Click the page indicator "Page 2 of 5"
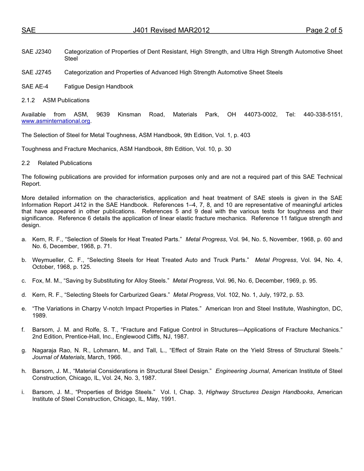click(x=324, y=30)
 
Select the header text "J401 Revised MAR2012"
click(x=171, y=30)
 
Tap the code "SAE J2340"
click(x=36, y=52)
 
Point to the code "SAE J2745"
click(x=36, y=72)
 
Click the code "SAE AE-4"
click(x=35, y=87)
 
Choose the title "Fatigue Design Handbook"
click(x=99, y=87)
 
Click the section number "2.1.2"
click(x=28, y=100)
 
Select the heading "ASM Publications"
click(x=66, y=100)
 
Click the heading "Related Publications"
click(x=65, y=163)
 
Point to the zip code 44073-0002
click(x=261, y=114)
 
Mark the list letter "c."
click(x=24, y=281)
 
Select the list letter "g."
click(x=24, y=350)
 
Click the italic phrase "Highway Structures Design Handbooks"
click(x=259, y=392)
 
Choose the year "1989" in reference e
click(x=40, y=316)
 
